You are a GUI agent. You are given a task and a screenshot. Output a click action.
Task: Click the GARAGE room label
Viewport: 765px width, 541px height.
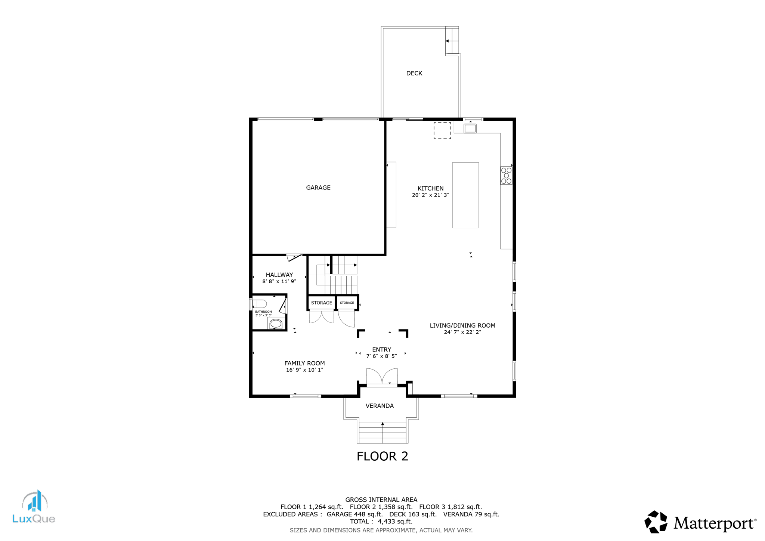[318, 188]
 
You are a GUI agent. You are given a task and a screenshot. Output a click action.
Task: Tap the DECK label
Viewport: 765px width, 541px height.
[414, 73]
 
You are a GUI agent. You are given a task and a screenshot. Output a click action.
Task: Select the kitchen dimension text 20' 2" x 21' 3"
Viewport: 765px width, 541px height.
[430, 195]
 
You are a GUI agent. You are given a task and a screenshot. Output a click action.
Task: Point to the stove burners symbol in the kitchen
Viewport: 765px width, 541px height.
[506, 176]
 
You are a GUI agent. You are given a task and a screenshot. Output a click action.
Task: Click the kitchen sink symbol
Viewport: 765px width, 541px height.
[470, 129]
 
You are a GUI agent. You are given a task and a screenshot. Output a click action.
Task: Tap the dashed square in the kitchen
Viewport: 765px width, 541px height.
[442, 131]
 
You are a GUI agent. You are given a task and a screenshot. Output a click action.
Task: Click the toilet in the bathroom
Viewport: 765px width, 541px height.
[260, 303]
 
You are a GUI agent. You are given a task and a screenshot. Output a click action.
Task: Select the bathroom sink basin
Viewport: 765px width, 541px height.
[276, 323]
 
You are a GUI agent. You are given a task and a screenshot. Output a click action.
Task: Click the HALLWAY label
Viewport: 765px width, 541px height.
[279, 275]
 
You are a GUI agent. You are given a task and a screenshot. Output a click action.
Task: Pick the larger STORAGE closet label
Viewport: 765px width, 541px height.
[321, 303]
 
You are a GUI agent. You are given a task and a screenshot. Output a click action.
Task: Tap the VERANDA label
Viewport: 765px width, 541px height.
[379, 406]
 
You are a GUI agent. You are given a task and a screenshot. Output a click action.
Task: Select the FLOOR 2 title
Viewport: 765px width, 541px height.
[382, 456]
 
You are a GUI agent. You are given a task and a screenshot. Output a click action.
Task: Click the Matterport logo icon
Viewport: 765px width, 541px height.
[656, 522]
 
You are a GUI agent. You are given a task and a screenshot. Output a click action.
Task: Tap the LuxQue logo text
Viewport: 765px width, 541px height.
[34, 519]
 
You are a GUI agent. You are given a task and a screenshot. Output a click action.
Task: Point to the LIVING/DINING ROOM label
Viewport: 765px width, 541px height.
[462, 325]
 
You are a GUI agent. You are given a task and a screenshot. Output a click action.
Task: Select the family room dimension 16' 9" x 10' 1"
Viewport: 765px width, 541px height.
[304, 370]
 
